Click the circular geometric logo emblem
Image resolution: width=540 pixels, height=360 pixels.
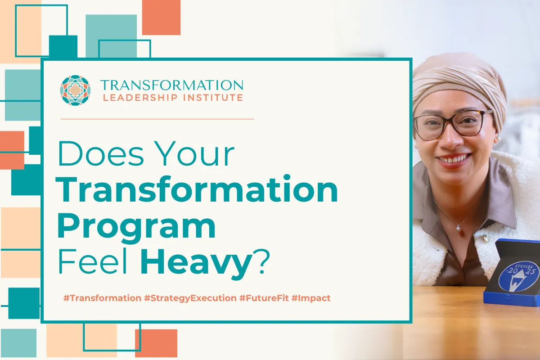click(x=76, y=90)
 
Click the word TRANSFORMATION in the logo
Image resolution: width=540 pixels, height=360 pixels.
click(x=171, y=85)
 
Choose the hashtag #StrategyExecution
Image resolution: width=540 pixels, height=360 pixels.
click(x=190, y=298)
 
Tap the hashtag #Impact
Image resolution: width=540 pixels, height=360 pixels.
click(x=311, y=298)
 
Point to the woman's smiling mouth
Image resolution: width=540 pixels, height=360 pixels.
click(x=453, y=159)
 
